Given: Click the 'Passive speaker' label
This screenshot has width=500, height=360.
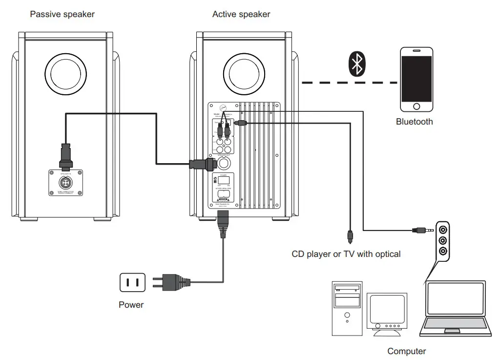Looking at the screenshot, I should pyautogui.click(x=62, y=14).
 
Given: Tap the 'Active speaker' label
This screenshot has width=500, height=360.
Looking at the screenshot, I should pyautogui.click(x=241, y=14).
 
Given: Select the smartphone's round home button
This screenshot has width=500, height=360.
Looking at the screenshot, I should pyautogui.click(x=417, y=106).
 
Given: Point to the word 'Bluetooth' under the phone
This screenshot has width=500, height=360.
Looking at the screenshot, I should pyautogui.click(x=414, y=122).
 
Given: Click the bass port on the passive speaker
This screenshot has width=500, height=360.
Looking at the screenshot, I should pyautogui.click(x=65, y=72).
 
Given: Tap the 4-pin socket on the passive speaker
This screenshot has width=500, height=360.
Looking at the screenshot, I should pyautogui.click(x=65, y=182).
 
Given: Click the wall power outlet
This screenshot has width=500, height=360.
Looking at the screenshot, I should pyautogui.click(x=133, y=282).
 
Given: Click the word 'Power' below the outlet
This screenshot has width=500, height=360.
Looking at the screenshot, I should pyautogui.click(x=131, y=305).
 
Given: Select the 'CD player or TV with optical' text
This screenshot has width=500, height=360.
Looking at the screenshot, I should pyautogui.click(x=346, y=254).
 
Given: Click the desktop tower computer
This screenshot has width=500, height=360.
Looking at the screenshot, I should pyautogui.click(x=347, y=308).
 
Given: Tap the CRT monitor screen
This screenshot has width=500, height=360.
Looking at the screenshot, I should pyautogui.click(x=387, y=309).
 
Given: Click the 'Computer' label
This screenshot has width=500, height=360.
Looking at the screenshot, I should pyautogui.click(x=406, y=351).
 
